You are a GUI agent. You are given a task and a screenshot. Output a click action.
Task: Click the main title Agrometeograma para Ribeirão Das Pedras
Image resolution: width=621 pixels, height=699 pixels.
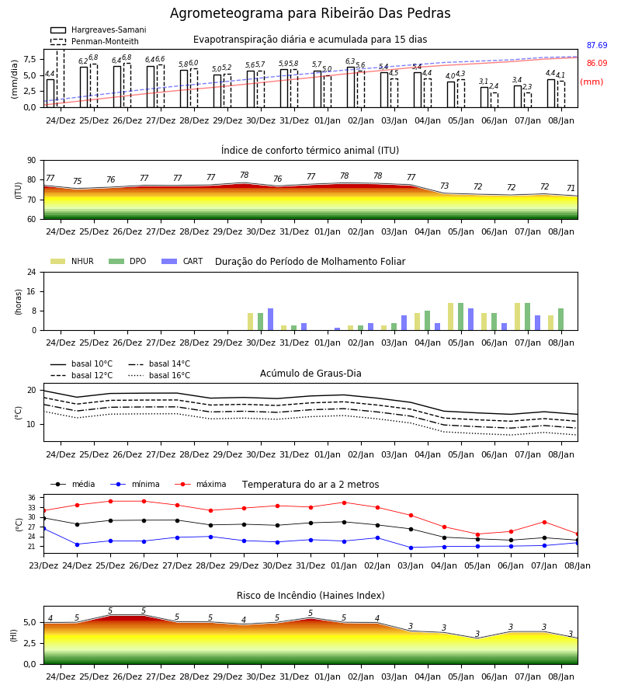[x=310, y=13]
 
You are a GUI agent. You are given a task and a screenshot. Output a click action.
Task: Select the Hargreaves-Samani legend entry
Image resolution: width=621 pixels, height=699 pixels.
[x=98, y=30]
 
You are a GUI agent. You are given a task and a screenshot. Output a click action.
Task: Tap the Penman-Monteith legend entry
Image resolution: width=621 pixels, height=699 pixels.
[x=95, y=41]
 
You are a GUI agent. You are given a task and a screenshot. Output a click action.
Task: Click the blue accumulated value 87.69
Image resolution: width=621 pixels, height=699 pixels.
[x=597, y=46]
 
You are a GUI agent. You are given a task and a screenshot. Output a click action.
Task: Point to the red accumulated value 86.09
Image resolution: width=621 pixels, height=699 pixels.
[x=597, y=64]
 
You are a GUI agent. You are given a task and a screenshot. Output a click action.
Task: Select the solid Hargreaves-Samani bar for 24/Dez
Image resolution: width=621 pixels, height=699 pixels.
[x=50, y=93]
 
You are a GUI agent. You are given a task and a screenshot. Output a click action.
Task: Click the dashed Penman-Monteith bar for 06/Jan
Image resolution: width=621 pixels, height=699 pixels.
[x=494, y=100]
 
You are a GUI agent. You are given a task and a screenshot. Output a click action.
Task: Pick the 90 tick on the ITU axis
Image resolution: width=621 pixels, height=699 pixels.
[x=32, y=161]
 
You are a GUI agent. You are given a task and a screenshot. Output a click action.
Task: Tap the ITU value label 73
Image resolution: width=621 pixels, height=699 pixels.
[x=445, y=186]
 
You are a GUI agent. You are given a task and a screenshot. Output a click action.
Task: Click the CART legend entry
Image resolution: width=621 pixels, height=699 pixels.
[x=182, y=261]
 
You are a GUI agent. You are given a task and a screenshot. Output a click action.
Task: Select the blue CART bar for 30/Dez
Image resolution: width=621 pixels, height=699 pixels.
[x=270, y=319]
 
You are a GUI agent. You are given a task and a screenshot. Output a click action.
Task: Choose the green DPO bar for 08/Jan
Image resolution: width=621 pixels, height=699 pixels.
[x=561, y=319]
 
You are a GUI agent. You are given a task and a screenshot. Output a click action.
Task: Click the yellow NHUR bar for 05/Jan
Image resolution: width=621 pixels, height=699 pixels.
[x=451, y=317]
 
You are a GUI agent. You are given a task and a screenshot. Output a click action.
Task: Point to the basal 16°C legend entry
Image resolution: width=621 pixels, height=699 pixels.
[x=159, y=375]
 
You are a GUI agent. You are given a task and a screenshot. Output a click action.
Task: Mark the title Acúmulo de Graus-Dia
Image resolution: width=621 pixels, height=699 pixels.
[x=310, y=374]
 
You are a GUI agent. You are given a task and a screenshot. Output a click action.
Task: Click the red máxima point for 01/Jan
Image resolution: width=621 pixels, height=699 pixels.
[x=345, y=503]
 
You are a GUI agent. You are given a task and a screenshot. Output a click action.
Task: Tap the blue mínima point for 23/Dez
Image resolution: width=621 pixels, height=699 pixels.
[x=43, y=529]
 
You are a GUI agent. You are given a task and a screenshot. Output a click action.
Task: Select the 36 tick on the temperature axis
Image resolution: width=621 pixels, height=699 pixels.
[x=32, y=498]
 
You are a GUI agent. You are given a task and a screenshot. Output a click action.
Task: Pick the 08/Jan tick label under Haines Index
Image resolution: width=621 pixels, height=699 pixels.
[x=561, y=676]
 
